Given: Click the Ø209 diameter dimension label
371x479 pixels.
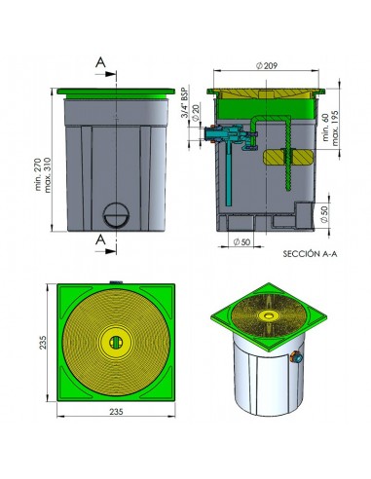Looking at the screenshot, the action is coord(267,66).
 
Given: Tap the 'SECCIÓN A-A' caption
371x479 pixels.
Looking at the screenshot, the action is coord(310,254).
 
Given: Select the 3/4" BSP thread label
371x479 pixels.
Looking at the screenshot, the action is coord(185,102).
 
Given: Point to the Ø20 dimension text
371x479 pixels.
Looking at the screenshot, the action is coord(196,112).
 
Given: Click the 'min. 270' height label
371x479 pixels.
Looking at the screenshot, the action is coord(38,174).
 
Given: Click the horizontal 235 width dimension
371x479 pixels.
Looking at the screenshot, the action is coord(116,412).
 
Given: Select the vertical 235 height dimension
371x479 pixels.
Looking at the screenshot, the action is coord(43,343).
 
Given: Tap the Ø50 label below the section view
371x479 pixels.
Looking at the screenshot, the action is coord(241,242).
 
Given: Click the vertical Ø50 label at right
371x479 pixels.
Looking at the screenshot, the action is coord(324,214).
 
